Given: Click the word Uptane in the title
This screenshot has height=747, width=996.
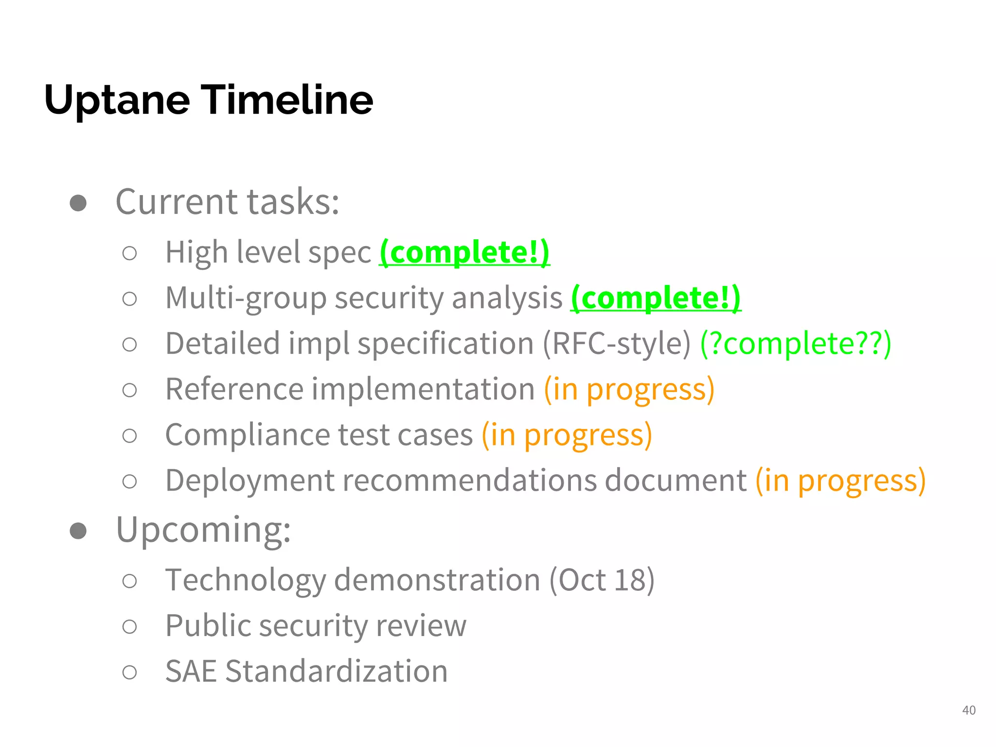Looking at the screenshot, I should (117, 100).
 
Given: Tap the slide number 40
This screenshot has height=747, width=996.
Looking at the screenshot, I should (969, 710).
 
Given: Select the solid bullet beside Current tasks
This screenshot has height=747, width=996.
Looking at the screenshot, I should (78, 203).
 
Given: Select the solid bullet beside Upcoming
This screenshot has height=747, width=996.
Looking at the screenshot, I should (78, 530).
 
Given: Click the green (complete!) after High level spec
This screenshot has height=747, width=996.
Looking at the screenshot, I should (464, 252).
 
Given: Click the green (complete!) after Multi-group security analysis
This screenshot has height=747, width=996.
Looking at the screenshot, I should (656, 298).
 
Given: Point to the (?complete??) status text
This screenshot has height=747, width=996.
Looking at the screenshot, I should (795, 343).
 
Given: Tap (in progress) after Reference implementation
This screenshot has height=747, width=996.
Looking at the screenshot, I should (629, 389).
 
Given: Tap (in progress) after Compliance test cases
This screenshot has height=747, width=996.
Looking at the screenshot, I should (567, 434).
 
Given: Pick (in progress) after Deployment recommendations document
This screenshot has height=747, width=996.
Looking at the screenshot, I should (840, 480).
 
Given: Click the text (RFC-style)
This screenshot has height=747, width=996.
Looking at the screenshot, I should (616, 343).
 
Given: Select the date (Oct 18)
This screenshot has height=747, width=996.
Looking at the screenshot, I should (602, 580).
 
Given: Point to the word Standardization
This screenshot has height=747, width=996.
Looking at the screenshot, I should (336, 671).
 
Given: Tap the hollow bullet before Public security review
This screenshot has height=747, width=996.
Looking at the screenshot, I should (129, 626).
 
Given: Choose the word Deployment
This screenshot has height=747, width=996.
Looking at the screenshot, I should (249, 480).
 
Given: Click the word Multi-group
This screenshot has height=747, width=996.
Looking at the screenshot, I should (246, 298).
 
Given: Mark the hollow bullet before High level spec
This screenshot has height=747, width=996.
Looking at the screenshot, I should (129, 253).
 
